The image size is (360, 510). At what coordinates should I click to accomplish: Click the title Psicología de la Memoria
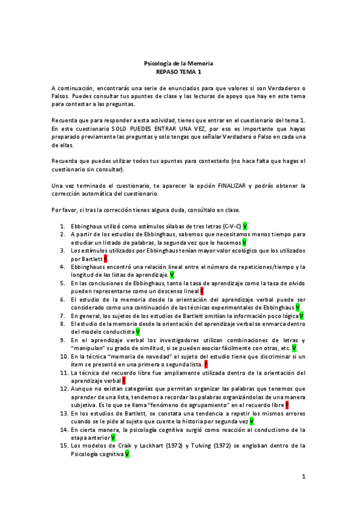pos(180,63)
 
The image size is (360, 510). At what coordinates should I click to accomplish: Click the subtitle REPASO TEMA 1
pos(180,71)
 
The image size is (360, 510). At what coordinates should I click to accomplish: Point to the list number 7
pos(63,315)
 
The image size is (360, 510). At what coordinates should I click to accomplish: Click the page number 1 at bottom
pos(304,477)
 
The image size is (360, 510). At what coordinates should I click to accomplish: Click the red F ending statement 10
pos(206,364)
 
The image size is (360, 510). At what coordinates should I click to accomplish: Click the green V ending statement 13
pos(251,422)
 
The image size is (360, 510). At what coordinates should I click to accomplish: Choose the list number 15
pos(63,446)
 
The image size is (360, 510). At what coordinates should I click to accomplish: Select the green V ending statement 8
pos(138,331)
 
